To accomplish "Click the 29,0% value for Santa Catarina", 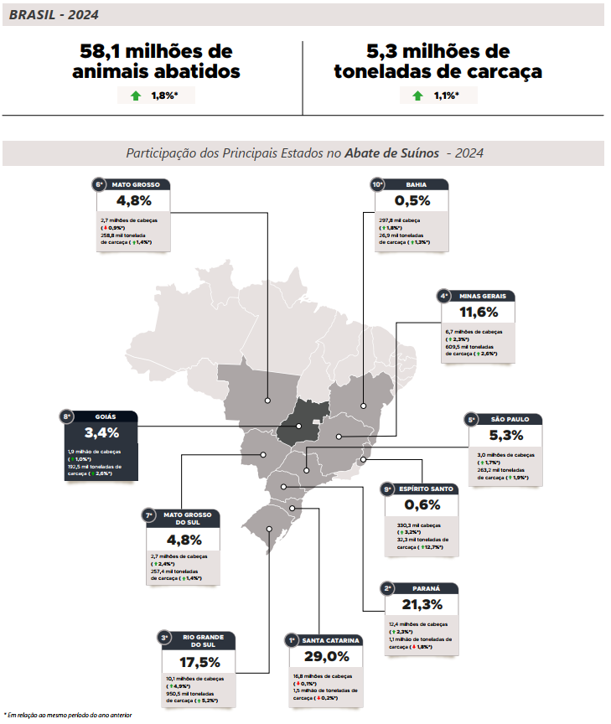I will point(327,656).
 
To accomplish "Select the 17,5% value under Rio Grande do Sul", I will point(199,661).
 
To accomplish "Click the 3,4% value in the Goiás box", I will point(101,433).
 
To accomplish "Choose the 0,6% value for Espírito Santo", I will point(422,505).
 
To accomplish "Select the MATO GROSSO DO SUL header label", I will point(188,518).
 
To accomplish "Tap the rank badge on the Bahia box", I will point(378,184).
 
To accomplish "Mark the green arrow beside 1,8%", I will point(136,96).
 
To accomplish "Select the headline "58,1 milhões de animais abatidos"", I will point(156,61).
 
